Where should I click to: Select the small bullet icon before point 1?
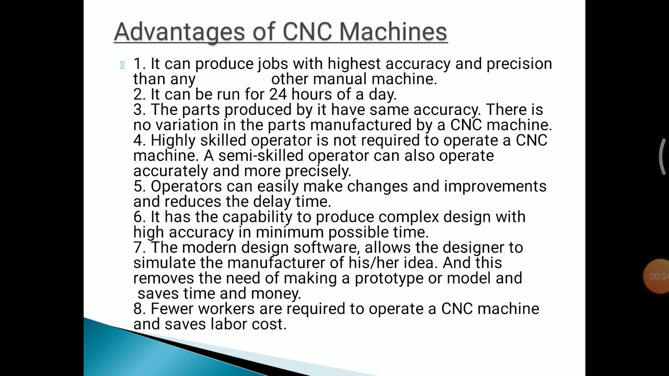[122, 65]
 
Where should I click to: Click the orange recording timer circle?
[657, 276]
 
